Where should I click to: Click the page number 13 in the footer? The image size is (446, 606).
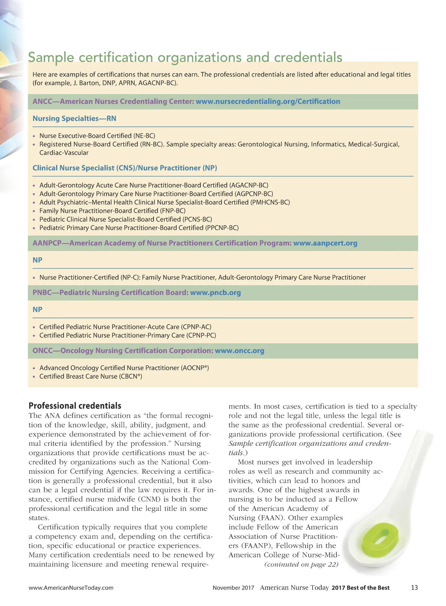click(414, 587)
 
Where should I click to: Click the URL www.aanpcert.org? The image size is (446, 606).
click(325, 243)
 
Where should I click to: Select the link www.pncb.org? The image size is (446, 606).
click(215, 292)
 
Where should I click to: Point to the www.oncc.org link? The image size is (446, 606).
click(239, 350)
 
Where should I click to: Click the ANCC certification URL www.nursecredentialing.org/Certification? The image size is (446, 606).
click(268, 101)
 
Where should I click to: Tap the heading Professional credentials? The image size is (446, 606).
click(75, 406)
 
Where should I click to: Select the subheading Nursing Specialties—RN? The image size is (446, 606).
click(74, 119)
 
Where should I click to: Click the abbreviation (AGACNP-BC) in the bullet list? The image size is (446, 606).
click(249, 185)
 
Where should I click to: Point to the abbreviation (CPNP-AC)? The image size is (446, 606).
click(196, 327)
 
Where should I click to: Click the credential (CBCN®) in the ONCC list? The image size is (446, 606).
click(130, 376)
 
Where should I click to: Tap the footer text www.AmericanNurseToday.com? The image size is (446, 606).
click(71, 588)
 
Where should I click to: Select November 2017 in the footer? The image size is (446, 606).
click(233, 588)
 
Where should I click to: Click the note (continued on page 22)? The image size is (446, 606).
click(301, 564)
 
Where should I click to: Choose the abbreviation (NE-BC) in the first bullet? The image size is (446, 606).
click(144, 136)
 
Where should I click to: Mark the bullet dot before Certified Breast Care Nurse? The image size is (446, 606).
click(34, 377)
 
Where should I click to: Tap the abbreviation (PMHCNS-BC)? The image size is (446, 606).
click(270, 202)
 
